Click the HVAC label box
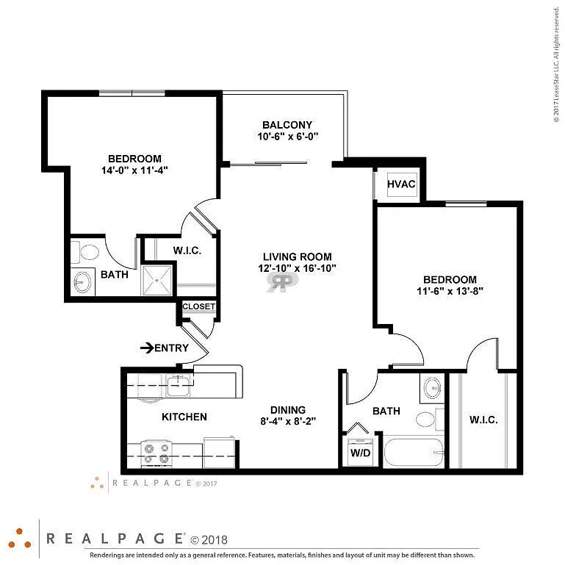coord(402,184)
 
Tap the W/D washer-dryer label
coord(360,453)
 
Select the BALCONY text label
coord(287,125)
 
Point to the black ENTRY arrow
coord(147,348)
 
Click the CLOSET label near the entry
coord(198,306)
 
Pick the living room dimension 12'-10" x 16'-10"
coord(298,268)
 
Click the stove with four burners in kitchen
coord(156,454)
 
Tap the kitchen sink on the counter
coord(179,385)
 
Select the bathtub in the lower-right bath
coord(414,453)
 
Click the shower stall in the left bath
coord(157,281)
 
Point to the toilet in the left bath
coord(84,252)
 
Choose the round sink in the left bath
coord(82,282)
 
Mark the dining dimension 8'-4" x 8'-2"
coord(288,421)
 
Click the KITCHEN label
coord(184,417)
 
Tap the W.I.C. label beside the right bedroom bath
coord(483,420)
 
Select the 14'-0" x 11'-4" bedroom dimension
coord(134,170)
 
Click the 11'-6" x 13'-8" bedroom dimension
coord(450,291)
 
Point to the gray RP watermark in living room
coord(282,281)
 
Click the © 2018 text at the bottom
coord(209,540)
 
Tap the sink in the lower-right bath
coord(432,388)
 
